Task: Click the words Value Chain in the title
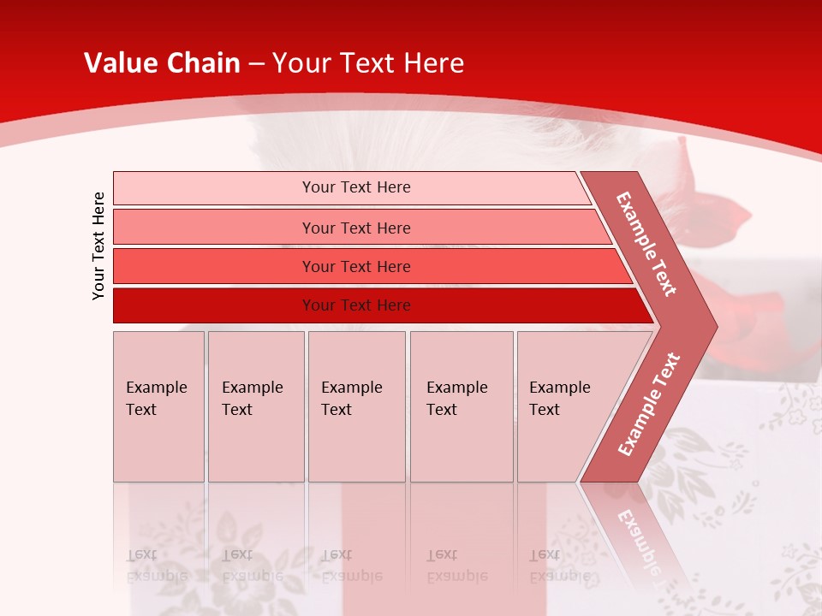click(162, 63)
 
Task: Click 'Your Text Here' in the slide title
click(368, 63)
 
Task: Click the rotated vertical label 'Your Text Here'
click(98, 246)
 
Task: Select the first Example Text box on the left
click(158, 406)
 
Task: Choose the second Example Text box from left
click(255, 406)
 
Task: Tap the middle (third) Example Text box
click(356, 406)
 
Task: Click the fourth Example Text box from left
click(461, 406)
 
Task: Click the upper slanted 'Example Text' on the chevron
click(646, 244)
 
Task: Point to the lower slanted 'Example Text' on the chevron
click(649, 405)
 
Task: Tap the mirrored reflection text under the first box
click(157, 566)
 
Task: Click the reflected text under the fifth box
click(560, 566)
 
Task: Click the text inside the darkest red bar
click(356, 305)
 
